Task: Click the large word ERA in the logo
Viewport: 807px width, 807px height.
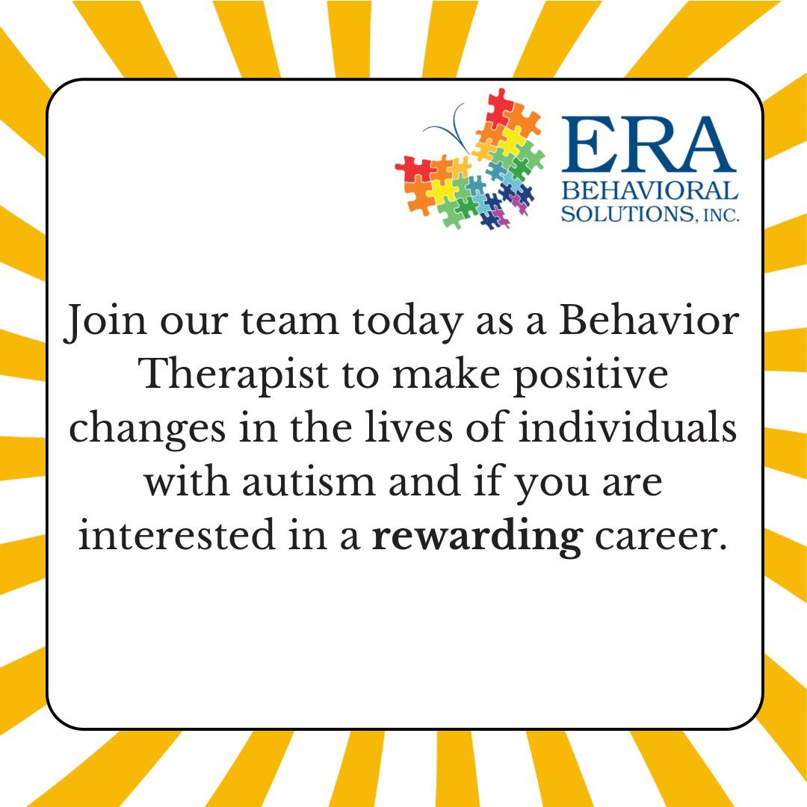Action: coord(647,144)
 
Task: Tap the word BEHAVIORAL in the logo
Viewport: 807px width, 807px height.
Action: coord(649,191)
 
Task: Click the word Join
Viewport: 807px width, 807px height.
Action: coord(105,321)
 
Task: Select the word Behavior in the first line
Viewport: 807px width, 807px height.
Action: coord(649,320)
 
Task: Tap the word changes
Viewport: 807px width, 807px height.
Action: coord(147,430)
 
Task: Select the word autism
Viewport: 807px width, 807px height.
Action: coord(309,482)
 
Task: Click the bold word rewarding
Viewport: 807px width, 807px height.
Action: coord(477,537)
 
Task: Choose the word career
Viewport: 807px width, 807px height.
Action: coord(662,537)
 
